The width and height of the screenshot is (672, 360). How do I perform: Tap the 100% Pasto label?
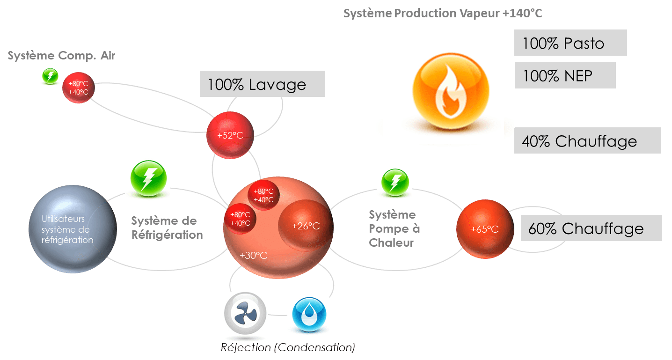point(570,43)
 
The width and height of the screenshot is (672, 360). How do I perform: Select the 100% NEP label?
point(564,75)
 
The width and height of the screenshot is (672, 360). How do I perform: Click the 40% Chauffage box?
point(587,141)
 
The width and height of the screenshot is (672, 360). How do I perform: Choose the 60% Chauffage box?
point(591,228)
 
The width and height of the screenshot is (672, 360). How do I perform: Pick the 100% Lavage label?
point(262,84)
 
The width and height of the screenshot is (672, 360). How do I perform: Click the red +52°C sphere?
point(230,135)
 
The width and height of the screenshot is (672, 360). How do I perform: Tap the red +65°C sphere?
point(484,229)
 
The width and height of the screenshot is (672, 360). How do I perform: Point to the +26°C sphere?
point(305,225)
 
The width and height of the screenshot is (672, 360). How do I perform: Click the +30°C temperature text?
point(253,255)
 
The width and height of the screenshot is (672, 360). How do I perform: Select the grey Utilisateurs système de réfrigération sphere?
point(72,229)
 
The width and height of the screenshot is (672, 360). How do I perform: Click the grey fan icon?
point(244,314)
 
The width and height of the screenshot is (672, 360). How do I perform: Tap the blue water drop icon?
point(307,315)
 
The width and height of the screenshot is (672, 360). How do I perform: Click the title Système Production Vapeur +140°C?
point(442,13)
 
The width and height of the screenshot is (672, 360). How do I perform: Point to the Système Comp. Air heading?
point(61,56)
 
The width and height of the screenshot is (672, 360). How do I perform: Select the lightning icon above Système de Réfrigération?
point(147,179)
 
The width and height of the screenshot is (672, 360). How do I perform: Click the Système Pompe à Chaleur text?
point(394,228)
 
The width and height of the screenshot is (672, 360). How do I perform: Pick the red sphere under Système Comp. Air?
point(79,88)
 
